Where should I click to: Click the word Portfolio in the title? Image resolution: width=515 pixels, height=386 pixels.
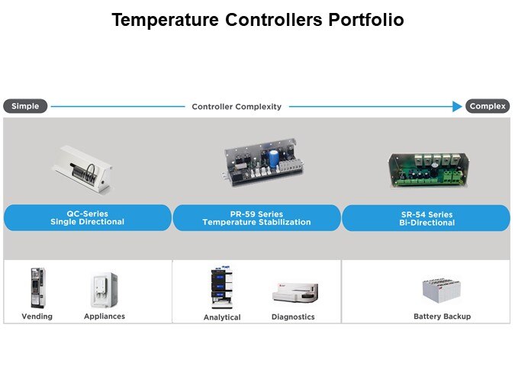pyautogui.click(x=366, y=20)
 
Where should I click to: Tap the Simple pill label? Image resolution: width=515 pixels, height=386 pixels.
pyautogui.click(x=25, y=106)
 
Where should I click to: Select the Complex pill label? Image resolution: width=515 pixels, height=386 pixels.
pyautogui.click(x=488, y=106)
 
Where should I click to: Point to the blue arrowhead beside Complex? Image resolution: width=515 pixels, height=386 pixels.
pyautogui.click(x=457, y=107)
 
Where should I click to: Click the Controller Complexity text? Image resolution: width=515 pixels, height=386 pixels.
pyautogui.click(x=237, y=107)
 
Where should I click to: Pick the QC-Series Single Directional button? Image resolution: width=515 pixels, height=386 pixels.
pyautogui.click(x=88, y=218)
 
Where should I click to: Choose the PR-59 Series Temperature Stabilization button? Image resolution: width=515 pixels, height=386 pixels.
pyautogui.click(x=256, y=218)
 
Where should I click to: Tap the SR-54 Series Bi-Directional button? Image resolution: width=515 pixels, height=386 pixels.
pyautogui.click(x=426, y=218)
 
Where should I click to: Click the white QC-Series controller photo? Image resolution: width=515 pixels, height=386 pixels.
pyautogui.click(x=82, y=170)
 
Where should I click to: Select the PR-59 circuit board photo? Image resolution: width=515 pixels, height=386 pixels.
pyautogui.click(x=262, y=162)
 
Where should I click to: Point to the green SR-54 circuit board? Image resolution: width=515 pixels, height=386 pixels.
pyautogui.click(x=429, y=170)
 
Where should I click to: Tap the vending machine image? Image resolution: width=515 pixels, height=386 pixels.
pyautogui.click(x=38, y=288)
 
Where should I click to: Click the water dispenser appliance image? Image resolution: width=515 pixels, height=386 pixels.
pyautogui.click(x=104, y=290)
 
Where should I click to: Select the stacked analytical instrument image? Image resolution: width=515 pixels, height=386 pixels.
pyautogui.click(x=222, y=288)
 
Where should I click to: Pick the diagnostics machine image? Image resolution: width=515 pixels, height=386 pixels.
pyautogui.click(x=295, y=292)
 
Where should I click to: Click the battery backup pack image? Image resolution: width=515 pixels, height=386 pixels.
pyautogui.click(x=442, y=291)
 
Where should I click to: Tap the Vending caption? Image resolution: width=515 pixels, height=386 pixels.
pyautogui.click(x=37, y=317)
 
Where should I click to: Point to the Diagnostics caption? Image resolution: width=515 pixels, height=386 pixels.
pyautogui.click(x=293, y=317)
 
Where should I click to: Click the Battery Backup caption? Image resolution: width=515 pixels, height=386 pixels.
pyautogui.click(x=442, y=317)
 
